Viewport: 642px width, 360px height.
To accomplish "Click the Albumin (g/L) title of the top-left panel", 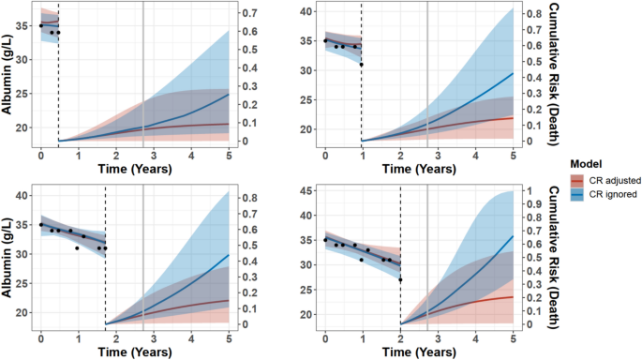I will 7,73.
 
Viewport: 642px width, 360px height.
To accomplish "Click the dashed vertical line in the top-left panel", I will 58,84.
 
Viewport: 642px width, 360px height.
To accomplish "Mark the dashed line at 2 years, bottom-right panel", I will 400,262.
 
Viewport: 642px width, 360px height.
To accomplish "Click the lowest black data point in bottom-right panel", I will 400,280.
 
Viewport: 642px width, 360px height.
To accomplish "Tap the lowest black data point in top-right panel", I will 361,65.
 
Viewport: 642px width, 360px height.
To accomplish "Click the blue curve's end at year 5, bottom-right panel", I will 513,235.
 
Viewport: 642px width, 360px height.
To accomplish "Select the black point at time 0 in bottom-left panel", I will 40,225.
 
